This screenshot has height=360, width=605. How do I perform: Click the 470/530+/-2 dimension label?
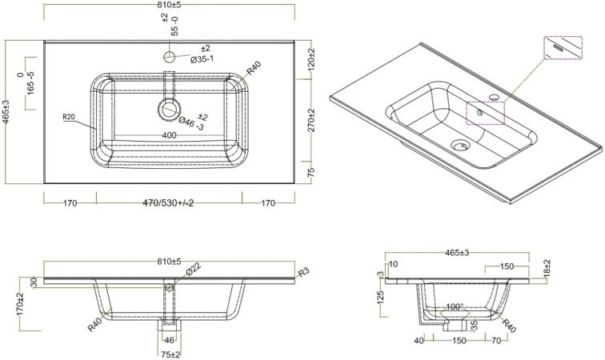click(168, 203)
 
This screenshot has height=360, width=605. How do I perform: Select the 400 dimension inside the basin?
click(169, 135)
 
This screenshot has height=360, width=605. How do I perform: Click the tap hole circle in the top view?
click(169, 58)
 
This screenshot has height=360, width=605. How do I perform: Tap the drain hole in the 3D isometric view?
click(459, 146)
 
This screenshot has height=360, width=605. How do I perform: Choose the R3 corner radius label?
click(303, 273)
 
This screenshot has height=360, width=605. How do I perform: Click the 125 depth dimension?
click(382, 298)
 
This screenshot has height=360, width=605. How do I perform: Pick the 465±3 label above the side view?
click(457, 253)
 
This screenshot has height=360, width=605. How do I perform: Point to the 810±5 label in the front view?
click(169, 262)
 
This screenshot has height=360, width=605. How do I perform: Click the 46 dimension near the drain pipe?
click(169, 341)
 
